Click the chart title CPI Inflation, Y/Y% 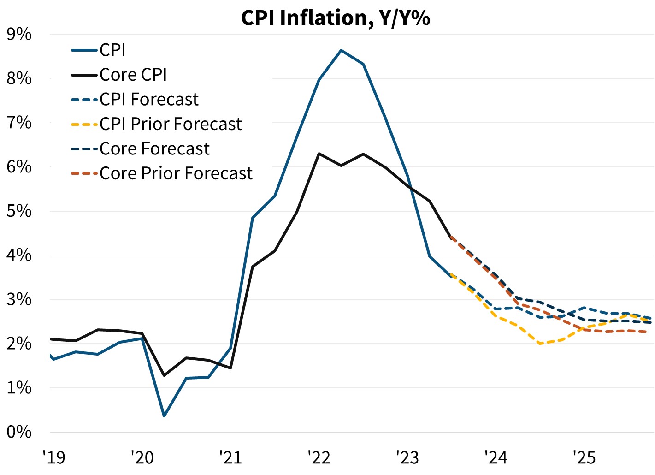point(336,18)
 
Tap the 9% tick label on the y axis point(19,35)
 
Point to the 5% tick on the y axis point(19,211)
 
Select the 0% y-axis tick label point(19,432)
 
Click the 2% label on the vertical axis point(19,344)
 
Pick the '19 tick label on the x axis point(54,457)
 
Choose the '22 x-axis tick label point(319,457)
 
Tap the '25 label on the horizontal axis point(584,457)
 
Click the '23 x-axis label point(407,457)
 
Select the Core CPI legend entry point(133,75)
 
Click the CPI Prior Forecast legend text point(171,124)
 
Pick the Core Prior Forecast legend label point(176,173)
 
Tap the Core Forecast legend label point(154,149)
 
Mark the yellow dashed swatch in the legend point(85,125)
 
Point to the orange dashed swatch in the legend point(85,174)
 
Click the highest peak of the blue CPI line point(341,50)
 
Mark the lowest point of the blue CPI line point(164,416)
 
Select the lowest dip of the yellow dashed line point(540,344)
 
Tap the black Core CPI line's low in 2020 point(164,375)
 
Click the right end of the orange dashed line point(650,332)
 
